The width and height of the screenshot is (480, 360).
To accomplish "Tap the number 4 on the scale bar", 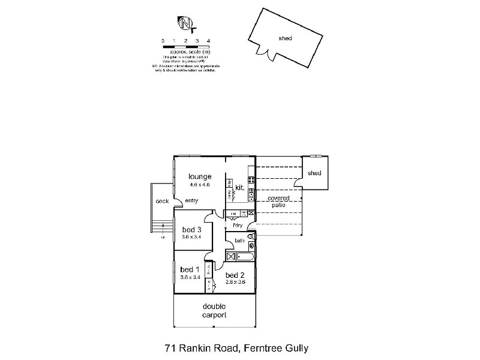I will point(208,41).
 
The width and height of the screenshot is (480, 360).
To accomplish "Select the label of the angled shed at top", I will point(285,38).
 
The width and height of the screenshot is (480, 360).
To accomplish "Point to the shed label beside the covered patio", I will point(314,173).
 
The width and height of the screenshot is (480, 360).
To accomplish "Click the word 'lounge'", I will point(200,176).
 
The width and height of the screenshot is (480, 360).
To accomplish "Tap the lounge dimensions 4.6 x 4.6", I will point(200,185).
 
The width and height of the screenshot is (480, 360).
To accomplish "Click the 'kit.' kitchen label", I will point(239,187).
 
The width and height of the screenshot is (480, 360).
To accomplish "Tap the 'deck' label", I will point(162,202).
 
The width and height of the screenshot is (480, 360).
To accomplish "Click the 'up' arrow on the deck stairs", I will point(162,238).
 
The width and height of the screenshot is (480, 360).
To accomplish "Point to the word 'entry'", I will point(191,200).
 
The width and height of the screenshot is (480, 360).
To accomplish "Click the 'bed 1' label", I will point(190,269).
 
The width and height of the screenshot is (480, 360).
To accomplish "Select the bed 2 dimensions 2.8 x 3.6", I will point(236,281).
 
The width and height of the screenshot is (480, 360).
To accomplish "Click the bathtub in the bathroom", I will point(245,257).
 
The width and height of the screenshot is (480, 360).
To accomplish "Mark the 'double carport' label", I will point(214,310).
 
